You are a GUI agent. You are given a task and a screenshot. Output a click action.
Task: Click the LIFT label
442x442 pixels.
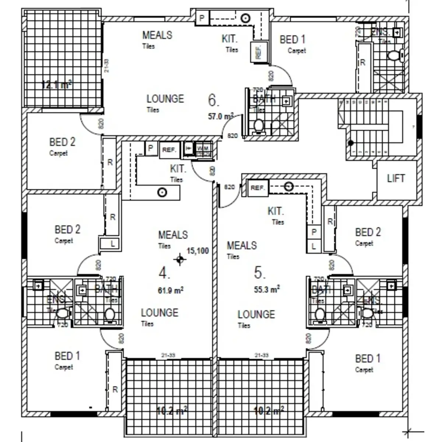396,179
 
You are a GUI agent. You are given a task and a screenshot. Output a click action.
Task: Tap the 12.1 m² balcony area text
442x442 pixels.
56,85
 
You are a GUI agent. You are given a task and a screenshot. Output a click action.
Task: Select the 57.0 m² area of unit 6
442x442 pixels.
221,117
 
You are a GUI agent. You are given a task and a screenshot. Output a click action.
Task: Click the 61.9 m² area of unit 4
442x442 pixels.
171,291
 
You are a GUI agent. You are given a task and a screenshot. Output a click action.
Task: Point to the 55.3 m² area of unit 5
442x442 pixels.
267,290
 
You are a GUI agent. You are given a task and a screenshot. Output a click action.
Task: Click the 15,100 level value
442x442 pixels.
198,251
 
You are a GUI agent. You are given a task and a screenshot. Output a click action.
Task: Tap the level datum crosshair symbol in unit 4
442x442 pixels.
180,259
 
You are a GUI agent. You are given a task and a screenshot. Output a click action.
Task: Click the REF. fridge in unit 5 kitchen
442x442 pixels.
258,188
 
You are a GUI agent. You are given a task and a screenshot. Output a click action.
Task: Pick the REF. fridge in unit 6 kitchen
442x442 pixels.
258,51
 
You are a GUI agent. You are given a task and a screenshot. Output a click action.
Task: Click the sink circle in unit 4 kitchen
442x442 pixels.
161,192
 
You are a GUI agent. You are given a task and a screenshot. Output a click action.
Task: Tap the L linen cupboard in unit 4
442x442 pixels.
113,243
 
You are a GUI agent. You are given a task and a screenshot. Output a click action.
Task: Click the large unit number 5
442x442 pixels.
259,273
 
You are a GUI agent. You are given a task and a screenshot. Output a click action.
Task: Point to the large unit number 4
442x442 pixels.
164,273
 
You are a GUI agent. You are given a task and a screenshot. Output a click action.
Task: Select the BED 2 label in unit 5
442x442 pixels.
368,232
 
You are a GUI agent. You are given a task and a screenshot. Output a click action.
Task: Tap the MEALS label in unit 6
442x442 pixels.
157,35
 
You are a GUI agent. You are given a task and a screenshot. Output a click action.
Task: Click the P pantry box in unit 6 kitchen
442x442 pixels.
202,17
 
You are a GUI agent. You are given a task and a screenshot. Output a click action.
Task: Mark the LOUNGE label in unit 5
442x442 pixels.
256,314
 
